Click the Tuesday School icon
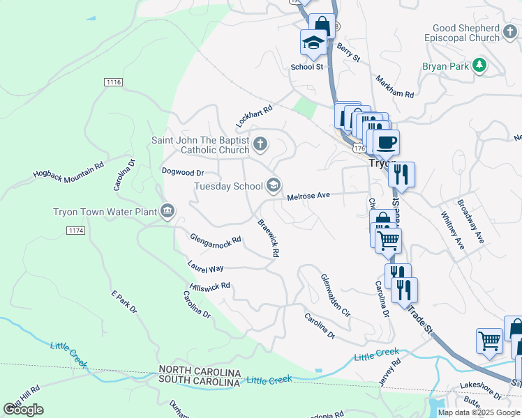coord(274,185)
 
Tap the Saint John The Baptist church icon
coord(260,144)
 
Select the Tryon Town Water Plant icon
coord(167,211)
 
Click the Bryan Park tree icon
coord(479,65)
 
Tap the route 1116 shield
coord(113,82)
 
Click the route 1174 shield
coord(75,230)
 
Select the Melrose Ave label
coord(308,196)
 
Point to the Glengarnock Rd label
coord(215,238)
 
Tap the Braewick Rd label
coord(269,240)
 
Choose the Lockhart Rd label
coord(253,116)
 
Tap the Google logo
coord(23,410)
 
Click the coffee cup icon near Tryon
coord(385,143)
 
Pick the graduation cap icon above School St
coord(313,43)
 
